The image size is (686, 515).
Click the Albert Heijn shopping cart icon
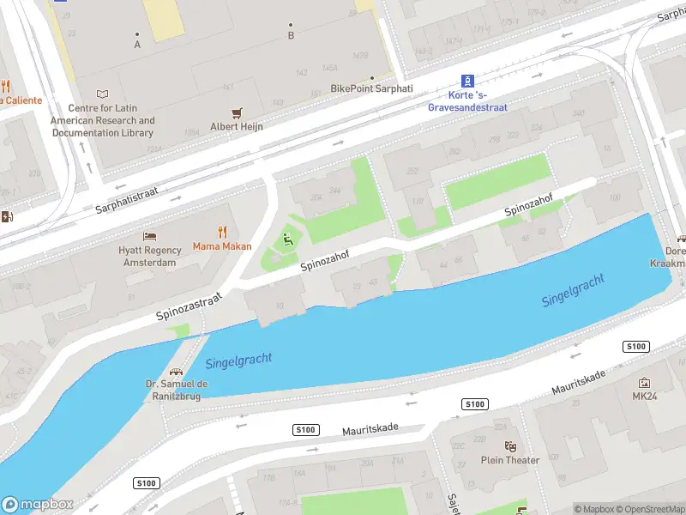click(238, 112)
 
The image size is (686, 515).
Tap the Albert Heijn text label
click(237, 127)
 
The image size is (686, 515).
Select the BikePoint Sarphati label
click(371, 88)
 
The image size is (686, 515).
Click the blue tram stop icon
click(467, 80)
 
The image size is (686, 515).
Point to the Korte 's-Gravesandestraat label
click(467, 102)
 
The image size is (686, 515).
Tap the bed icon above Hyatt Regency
click(150, 235)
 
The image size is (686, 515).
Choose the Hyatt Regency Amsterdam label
click(150, 257)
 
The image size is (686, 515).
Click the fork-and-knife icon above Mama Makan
click(222, 232)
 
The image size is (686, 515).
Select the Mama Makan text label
click(222, 247)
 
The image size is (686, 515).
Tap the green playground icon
click(289, 240)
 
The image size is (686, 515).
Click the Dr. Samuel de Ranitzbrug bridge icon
click(176, 373)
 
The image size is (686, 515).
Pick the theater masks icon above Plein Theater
click(510, 445)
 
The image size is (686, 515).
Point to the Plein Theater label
click(510, 460)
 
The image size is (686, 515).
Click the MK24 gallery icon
click(644, 382)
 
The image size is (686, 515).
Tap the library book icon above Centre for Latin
click(103, 94)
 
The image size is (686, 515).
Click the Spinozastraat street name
click(190, 306)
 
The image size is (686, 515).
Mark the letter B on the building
click(291, 34)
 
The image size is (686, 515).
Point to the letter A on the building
click(137, 44)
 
